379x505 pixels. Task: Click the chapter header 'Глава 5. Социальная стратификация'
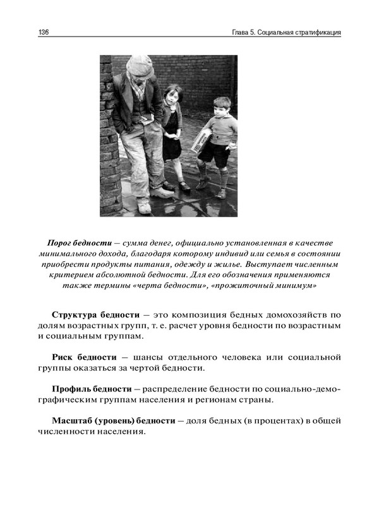[287, 32]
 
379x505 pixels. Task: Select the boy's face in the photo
[220, 109]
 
